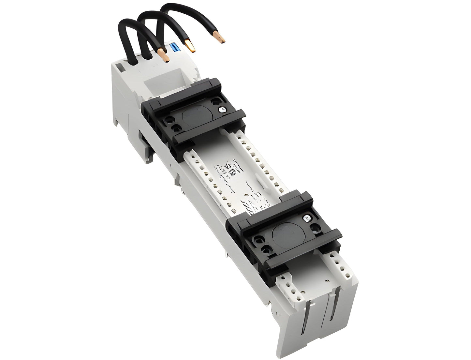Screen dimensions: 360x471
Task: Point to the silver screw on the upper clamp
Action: [222, 110]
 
